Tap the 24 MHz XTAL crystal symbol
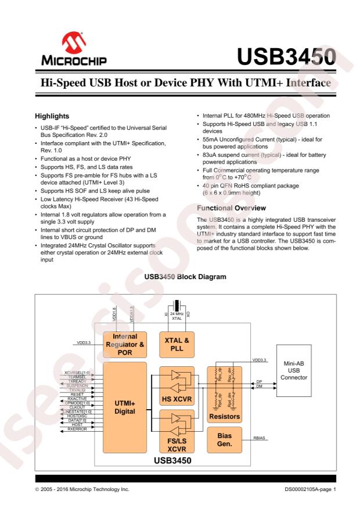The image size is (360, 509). pyautogui.click(x=177, y=306)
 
